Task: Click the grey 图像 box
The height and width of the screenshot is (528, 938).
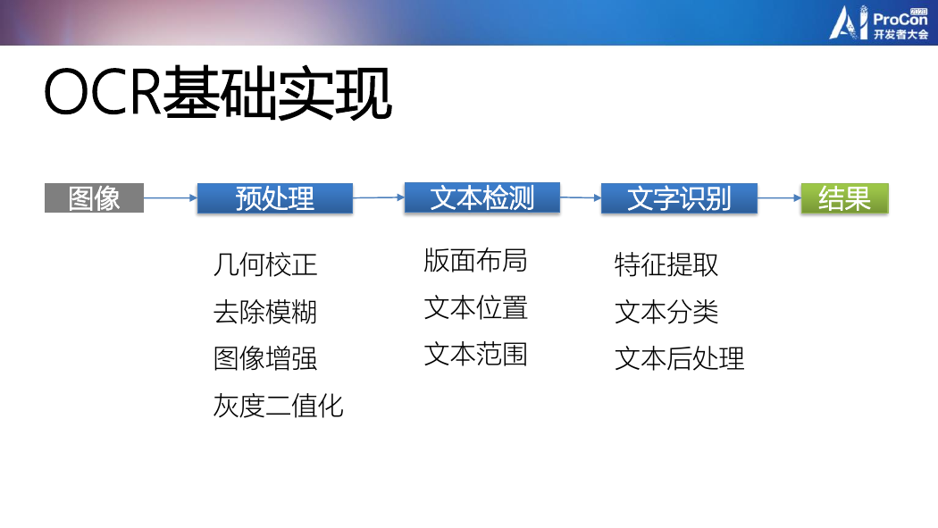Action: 94,198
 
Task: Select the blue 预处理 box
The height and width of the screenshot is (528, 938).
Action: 274,198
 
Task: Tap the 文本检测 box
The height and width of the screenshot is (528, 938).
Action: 482,197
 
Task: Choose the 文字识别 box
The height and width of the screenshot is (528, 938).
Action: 679,198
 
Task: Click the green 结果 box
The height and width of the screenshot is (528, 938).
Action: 845,198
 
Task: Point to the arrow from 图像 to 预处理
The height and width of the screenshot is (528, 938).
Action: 171,197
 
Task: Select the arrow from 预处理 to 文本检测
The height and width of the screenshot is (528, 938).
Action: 379,197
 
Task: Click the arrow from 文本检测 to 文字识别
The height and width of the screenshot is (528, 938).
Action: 581,197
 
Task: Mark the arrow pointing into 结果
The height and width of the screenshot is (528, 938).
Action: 780,197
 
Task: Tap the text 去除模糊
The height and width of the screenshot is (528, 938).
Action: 265,312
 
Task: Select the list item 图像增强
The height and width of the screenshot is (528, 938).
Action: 265,358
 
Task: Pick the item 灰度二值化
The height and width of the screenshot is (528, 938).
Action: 278,406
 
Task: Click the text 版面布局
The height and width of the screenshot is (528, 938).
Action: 475,261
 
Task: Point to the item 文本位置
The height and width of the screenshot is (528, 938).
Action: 475,308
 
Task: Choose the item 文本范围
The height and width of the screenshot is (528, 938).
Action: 475,354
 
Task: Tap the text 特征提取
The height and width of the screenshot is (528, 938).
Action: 666,264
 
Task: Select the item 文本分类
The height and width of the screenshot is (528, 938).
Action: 666,312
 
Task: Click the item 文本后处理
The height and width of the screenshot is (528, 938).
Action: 680,358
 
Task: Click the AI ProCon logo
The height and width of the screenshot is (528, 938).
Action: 878,22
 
